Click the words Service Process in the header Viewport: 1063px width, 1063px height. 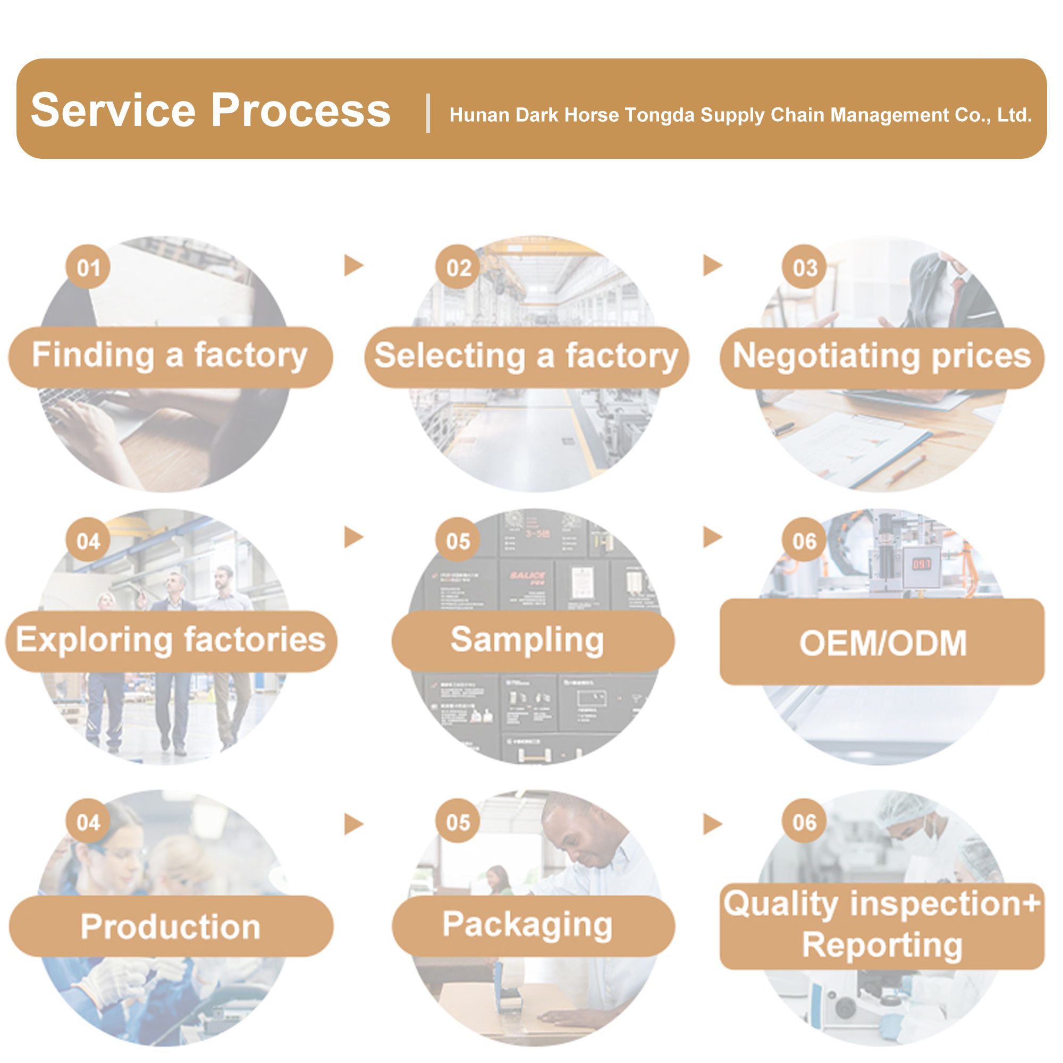click(x=210, y=111)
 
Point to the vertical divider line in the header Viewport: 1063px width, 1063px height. click(x=428, y=113)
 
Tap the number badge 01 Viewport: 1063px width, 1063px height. click(x=88, y=267)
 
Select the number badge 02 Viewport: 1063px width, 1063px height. click(x=458, y=267)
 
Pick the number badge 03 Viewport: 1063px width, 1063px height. click(x=804, y=267)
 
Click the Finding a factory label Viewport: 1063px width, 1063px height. click(x=170, y=356)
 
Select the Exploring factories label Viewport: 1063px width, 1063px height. click(x=171, y=640)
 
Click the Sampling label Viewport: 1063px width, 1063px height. click(x=527, y=640)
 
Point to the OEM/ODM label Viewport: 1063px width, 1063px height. click(x=882, y=643)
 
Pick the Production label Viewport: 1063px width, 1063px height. click(x=171, y=927)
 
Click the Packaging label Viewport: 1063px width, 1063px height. click(x=527, y=925)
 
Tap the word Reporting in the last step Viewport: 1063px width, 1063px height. click(x=882, y=946)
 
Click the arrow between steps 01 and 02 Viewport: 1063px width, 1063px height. click(x=353, y=265)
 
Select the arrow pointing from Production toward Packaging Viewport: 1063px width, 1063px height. click(x=353, y=824)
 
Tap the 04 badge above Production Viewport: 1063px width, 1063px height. click(x=88, y=823)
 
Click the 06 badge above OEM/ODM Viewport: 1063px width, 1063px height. click(x=804, y=542)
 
